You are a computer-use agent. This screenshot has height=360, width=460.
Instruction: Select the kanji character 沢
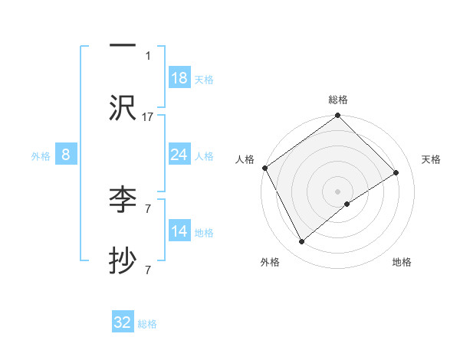[x=123, y=108]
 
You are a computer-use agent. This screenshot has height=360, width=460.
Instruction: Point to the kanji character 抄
[x=123, y=262]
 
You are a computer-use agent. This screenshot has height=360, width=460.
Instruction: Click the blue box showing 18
[x=179, y=78]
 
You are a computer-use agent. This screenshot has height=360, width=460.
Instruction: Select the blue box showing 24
[x=179, y=155]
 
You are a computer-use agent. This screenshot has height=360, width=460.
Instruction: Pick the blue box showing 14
[x=179, y=231]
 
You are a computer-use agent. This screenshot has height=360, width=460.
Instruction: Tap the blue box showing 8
[x=66, y=155]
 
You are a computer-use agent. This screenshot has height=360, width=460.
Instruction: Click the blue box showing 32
[x=123, y=322]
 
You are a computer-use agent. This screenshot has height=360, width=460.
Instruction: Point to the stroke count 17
[x=148, y=116]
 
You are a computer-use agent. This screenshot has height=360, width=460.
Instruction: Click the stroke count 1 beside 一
[x=148, y=55]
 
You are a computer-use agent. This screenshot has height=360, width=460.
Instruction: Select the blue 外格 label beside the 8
[x=41, y=155]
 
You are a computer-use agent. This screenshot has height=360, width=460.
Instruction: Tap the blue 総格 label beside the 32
[x=147, y=323]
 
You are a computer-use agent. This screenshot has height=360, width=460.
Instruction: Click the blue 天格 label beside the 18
[x=204, y=79]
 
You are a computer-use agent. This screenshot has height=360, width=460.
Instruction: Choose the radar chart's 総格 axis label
[x=338, y=100]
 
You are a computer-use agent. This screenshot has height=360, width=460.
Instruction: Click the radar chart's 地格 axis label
[x=402, y=262]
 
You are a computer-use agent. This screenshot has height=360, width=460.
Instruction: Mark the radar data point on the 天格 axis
[x=396, y=173]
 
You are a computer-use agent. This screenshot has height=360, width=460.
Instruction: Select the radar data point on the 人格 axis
[x=265, y=168]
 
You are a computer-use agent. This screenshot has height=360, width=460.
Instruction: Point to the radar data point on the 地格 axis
[x=347, y=204]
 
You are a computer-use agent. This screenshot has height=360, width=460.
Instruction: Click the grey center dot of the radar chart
[x=338, y=191]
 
